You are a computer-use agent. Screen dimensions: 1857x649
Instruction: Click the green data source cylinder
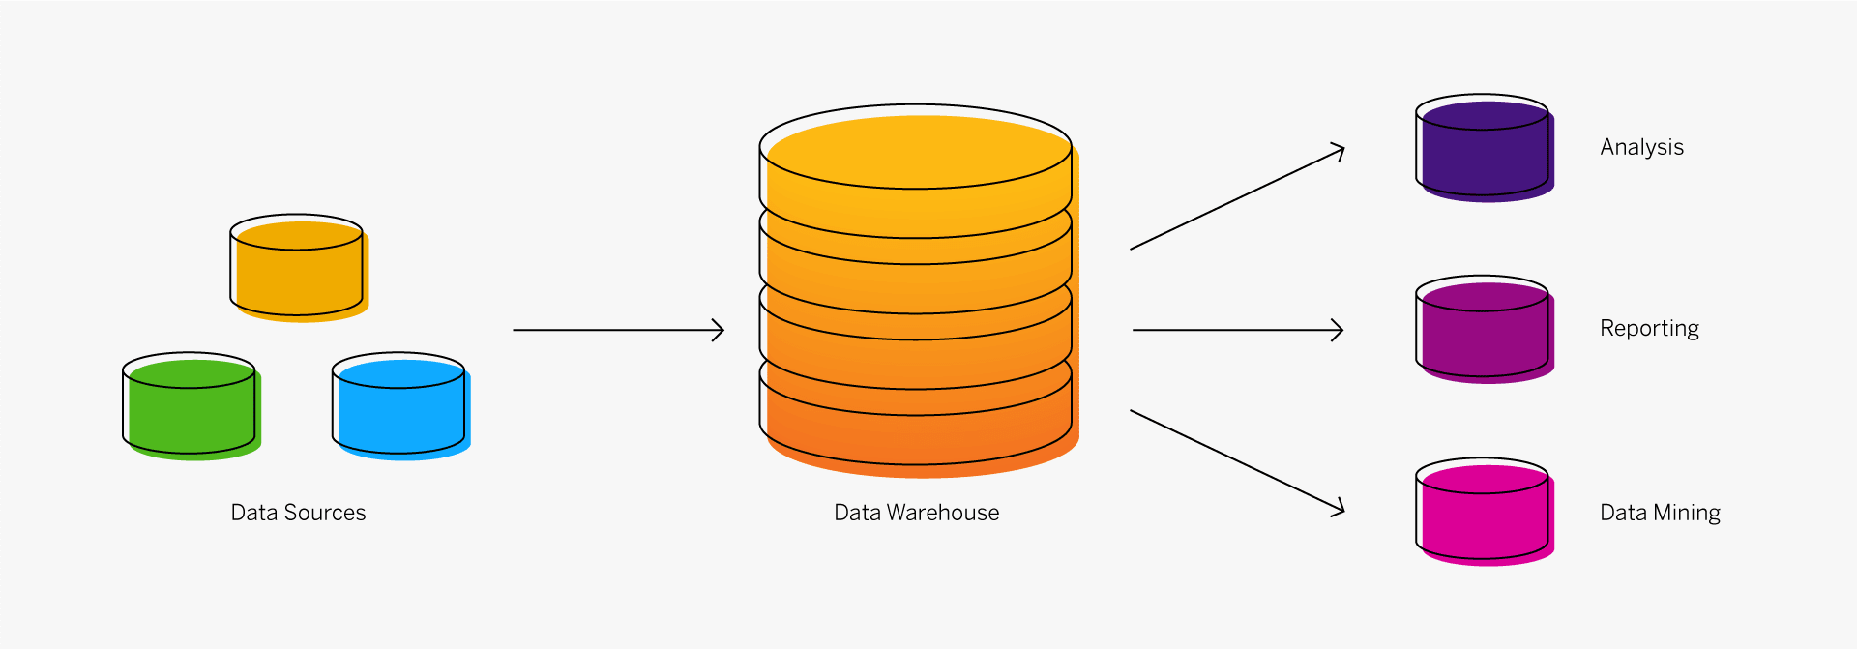(x=192, y=406)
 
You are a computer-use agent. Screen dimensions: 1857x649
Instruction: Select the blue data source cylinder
(x=401, y=406)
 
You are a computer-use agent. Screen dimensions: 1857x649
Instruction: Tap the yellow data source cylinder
(x=299, y=268)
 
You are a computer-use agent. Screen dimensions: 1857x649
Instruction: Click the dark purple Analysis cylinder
(x=1485, y=148)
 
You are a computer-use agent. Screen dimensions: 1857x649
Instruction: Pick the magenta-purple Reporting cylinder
(x=1485, y=330)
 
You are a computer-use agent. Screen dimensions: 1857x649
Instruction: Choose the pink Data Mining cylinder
(x=1485, y=512)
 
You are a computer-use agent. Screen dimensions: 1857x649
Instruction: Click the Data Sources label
(x=298, y=513)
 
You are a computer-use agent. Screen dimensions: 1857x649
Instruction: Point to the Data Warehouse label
(x=917, y=513)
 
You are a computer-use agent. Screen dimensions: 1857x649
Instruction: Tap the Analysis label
(x=1642, y=148)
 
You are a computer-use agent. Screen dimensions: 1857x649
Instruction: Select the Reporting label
(x=1650, y=329)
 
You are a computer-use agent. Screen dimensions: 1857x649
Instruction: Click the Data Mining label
(x=1661, y=513)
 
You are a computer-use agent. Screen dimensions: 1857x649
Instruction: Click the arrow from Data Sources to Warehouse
(x=619, y=330)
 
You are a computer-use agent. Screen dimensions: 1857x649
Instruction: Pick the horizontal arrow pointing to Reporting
(x=1238, y=330)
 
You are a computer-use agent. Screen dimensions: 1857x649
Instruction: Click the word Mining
(x=1689, y=513)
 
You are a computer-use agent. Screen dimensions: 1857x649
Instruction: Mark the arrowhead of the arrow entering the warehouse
(x=719, y=330)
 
